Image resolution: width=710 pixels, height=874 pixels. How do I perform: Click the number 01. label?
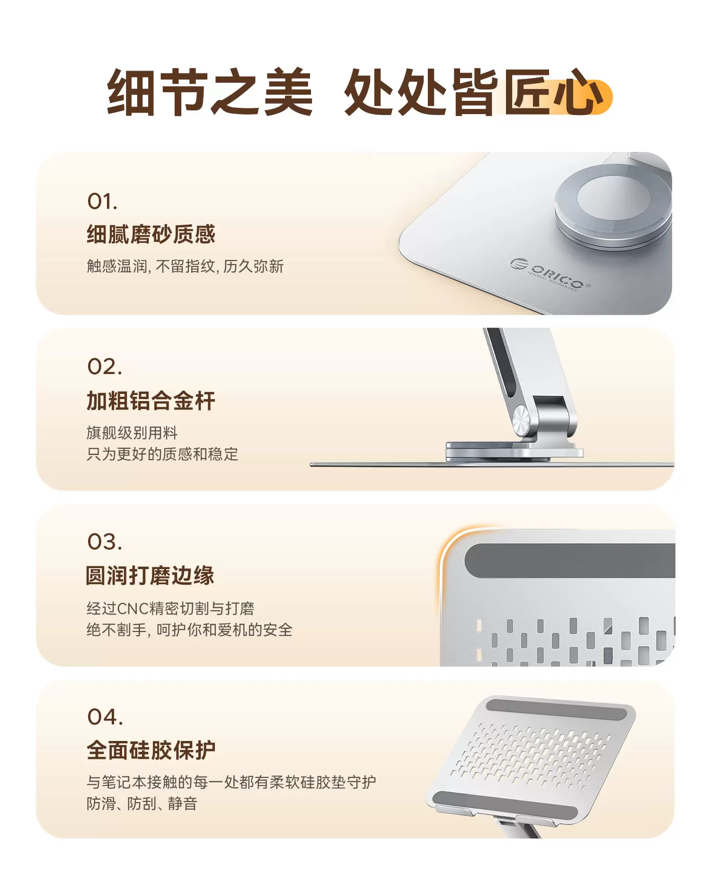(x=102, y=201)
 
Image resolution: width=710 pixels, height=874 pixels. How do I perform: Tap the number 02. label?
(x=105, y=367)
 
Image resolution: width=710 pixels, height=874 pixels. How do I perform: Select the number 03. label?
(x=105, y=542)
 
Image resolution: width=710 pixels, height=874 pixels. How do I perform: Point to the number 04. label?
(x=105, y=717)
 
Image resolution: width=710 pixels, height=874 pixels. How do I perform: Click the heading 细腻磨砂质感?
(x=151, y=234)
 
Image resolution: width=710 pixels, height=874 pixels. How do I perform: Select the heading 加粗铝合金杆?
(x=151, y=401)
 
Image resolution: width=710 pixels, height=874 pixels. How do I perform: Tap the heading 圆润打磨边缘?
(x=150, y=576)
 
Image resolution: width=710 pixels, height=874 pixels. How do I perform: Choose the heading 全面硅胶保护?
(x=151, y=750)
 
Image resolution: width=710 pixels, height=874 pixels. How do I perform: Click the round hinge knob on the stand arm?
(x=521, y=421)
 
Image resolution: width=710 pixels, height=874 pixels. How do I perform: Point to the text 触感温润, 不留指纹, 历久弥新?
(x=185, y=267)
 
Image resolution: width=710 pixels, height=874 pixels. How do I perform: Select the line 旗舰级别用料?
(x=132, y=433)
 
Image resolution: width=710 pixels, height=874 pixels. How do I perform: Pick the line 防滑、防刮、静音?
(x=142, y=804)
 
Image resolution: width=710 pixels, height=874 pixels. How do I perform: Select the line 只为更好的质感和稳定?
(x=162, y=454)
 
